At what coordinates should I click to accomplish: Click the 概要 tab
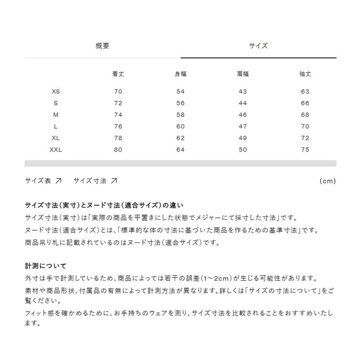[x=102, y=45]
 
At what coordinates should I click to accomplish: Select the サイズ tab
[x=258, y=45]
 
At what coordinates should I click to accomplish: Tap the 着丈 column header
[x=118, y=74]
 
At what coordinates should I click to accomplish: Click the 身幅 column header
[x=181, y=74]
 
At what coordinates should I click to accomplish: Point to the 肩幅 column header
[x=243, y=74]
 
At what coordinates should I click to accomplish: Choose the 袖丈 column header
[x=305, y=74]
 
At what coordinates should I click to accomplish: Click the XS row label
[x=56, y=92]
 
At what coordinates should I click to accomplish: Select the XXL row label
[x=56, y=150]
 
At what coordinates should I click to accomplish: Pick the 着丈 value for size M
[x=118, y=115]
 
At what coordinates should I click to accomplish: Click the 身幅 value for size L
[x=181, y=127]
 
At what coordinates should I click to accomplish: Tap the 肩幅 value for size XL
[x=243, y=138]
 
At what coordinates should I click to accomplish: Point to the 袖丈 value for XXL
[x=305, y=150]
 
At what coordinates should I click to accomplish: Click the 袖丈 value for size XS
[x=305, y=92]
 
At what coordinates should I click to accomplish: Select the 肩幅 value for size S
[x=243, y=103]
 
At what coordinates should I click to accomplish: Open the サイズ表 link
[x=43, y=181]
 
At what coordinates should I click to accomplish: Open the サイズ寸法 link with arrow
[x=95, y=181]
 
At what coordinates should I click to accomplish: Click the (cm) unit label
[x=328, y=181]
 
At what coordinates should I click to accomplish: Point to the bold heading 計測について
[x=46, y=266]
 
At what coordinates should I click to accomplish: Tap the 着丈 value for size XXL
[x=118, y=150]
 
